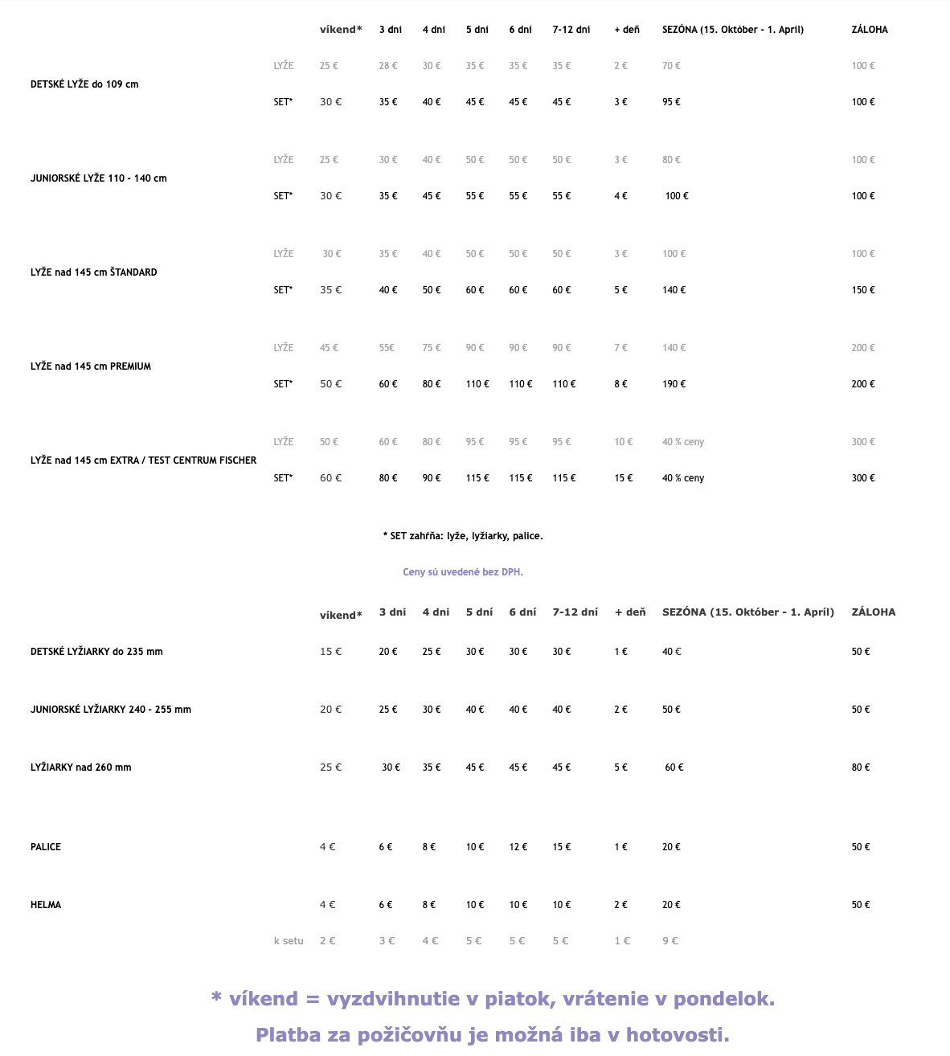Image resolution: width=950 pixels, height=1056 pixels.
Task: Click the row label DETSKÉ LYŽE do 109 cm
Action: coord(84,84)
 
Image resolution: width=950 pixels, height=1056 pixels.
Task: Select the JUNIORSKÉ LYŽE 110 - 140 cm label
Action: coord(99,178)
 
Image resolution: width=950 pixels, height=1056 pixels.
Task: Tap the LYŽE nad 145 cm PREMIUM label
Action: coord(91,366)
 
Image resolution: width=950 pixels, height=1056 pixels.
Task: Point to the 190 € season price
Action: coord(674,384)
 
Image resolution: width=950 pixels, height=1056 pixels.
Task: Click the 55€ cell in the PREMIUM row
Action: coord(387,348)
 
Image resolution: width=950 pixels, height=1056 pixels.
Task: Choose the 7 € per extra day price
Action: coord(620,348)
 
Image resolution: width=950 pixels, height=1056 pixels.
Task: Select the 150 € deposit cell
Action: coord(863,290)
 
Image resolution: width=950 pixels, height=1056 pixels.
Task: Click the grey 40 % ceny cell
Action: coord(683,442)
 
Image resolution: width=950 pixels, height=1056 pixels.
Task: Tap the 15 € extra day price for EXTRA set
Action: coord(623,478)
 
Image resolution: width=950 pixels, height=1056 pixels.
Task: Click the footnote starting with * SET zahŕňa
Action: coord(463,536)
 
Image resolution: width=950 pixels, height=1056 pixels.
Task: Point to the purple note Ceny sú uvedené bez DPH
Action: coord(463,572)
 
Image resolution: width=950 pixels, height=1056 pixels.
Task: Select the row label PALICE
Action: coord(46,847)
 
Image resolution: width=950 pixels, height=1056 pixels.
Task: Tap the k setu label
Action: coord(289,941)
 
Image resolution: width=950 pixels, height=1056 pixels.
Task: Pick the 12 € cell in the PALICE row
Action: coord(518,847)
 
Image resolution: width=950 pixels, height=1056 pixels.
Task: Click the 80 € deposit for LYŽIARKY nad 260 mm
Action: coord(861,767)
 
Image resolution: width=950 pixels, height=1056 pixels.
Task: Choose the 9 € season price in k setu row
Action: coord(670,941)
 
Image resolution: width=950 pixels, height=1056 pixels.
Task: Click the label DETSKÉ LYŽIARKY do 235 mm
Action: coord(96,652)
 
